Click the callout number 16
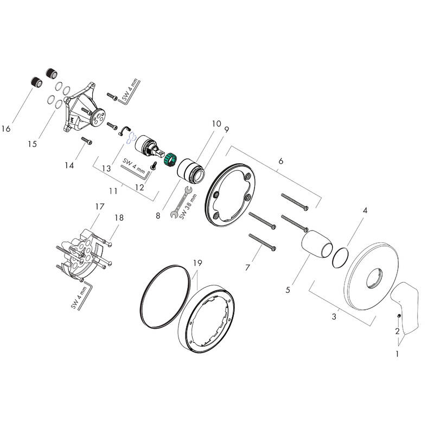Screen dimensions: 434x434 tap(6, 129)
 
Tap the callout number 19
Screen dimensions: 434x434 tap(197, 263)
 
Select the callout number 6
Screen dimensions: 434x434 tap(280, 161)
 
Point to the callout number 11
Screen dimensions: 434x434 tap(113, 191)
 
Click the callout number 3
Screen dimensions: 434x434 tap(334, 316)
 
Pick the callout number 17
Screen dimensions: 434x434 tap(99, 207)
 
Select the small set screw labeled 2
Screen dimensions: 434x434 tap(399, 316)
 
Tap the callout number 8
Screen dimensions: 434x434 tap(158, 215)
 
